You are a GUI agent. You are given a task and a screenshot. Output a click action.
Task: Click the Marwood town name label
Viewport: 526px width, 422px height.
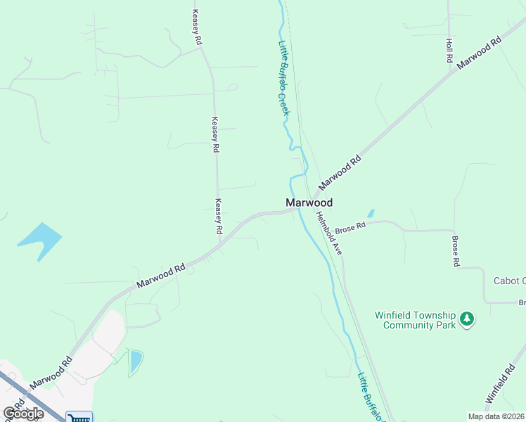point(309,203)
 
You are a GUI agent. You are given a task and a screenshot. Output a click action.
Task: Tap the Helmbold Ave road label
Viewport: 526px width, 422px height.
point(328,233)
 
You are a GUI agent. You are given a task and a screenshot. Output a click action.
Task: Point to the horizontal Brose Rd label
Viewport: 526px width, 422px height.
point(350,227)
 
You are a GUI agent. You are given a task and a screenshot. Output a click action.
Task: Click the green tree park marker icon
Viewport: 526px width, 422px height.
point(467,320)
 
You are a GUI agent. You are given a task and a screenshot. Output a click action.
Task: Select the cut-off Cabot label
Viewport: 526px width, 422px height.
point(510,281)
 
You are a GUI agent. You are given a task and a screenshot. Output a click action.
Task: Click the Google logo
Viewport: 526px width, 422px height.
point(23,413)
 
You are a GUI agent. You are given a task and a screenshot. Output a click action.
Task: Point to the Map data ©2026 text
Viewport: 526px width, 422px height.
point(496,416)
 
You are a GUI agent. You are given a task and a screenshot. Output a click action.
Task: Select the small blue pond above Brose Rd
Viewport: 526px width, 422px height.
point(371,212)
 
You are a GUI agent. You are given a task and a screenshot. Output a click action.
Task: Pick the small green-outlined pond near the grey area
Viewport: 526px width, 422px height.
point(136,362)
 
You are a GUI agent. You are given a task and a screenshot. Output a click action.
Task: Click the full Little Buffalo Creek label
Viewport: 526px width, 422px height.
point(283,77)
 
